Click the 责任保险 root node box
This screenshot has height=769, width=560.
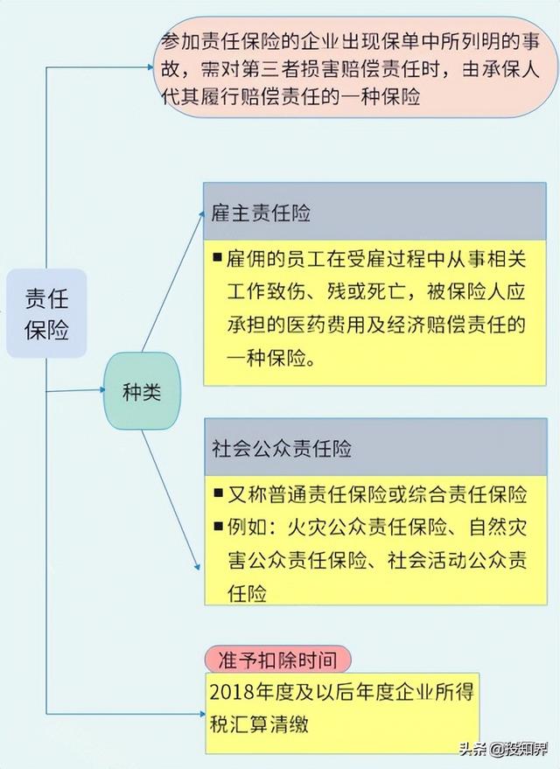click(x=46, y=313)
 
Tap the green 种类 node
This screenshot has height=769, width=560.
click(x=142, y=391)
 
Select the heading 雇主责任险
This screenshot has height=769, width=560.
click(x=261, y=213)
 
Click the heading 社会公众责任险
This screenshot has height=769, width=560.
click(x=282, y=448)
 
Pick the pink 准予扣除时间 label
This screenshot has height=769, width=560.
click(x=277, y=660)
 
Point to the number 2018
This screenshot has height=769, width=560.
click(x=231, y=692)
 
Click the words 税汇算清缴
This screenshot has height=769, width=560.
click(x=259, y=724)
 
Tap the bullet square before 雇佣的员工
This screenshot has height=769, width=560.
click(x=218, y=256)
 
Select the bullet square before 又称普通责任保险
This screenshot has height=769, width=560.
click(x=218, y=493)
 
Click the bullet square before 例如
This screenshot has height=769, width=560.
click(x=218, y=527)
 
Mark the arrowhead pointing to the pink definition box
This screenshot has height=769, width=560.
click(x=150, y=67)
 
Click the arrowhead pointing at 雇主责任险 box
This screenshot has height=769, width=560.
click(x=200, y=215)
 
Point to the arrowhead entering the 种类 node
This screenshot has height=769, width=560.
click(x=102, y=390)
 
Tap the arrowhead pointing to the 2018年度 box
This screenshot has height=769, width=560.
click(x=202, y=714)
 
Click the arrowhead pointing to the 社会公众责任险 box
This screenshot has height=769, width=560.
click(x=197, y=566)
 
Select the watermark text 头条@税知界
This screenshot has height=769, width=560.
click(x=504, y=749)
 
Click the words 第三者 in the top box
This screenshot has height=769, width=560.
click(x=270, y=70)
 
